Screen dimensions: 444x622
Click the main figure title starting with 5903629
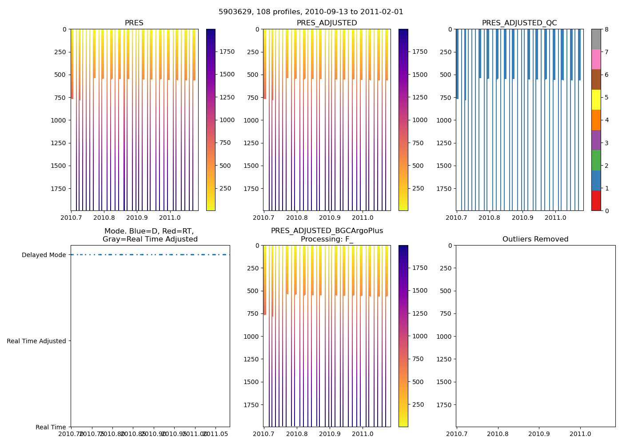tap(311, 12)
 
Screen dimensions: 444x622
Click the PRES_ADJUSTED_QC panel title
tap(519, 23)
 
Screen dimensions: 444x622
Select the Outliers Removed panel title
tap(535, 239)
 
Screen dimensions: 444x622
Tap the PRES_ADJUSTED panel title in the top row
tap(327, 23)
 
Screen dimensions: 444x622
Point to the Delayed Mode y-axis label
tap(44, 255)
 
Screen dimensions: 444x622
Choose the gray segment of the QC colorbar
tap(596, 39)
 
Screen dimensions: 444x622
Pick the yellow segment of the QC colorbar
tap(596, 99)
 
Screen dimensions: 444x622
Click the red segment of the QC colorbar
tap(596, 201)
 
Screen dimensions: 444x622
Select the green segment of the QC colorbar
tap(596, 160)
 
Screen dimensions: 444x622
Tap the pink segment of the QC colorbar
tap(596, 59)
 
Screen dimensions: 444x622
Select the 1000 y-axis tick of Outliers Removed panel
tap(444, 337)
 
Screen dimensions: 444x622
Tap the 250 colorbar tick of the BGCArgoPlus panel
tap(418, 404)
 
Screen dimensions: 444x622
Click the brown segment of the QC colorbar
tap(596, 79)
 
